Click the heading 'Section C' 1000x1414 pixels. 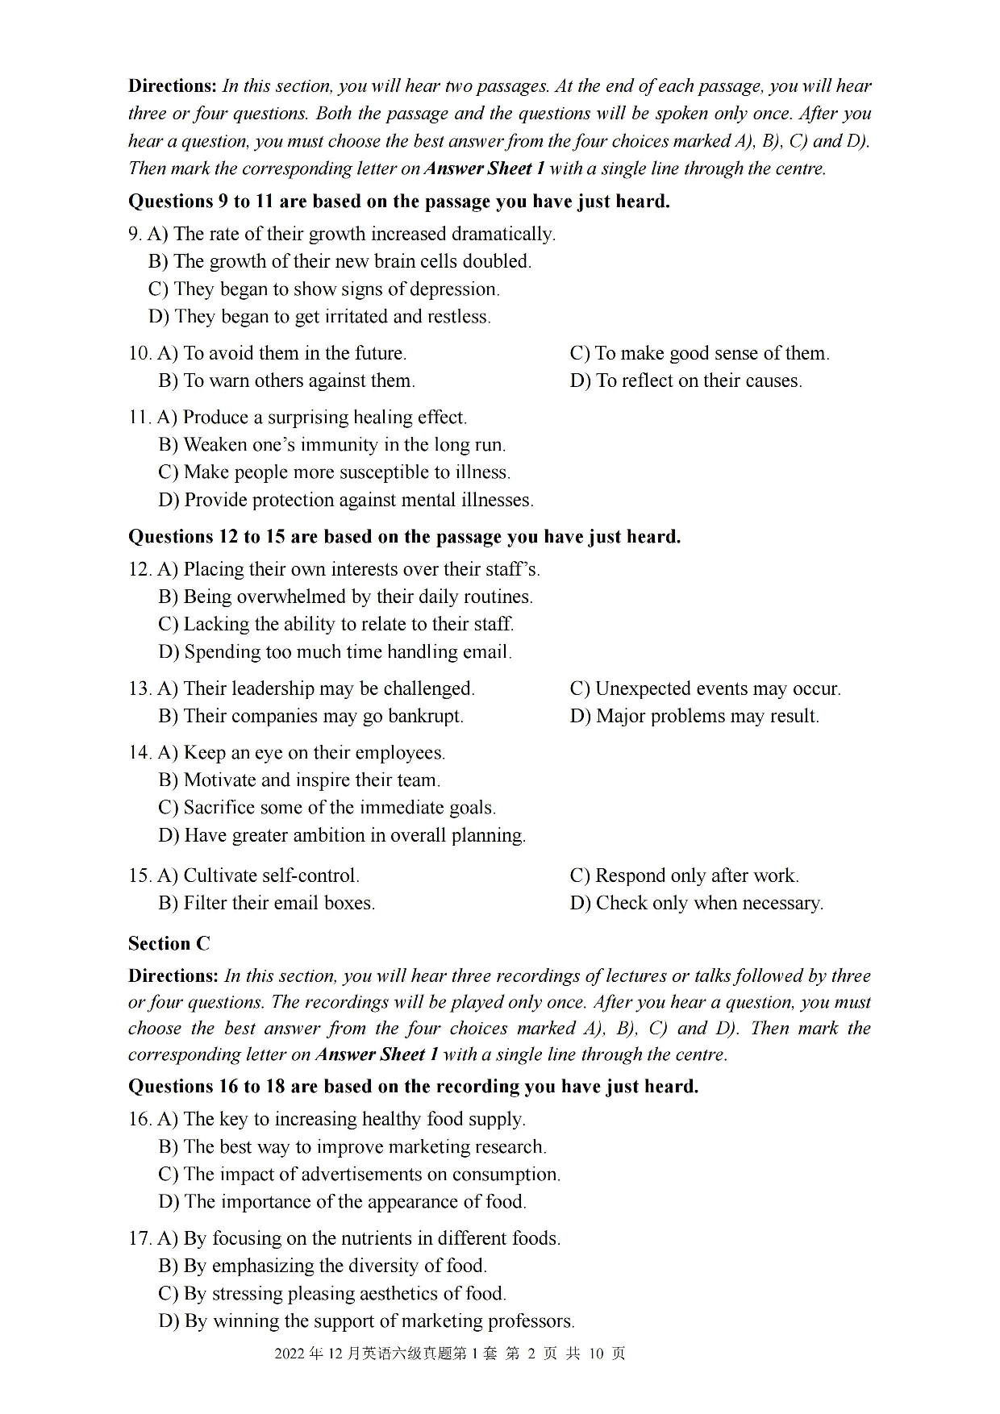point(169,943)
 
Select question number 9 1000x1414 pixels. point(135,234)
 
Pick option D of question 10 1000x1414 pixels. point(685,381)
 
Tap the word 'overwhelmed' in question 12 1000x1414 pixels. point(267,597)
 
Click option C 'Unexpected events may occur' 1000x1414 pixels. point(705,688)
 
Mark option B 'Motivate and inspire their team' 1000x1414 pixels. point(299,780)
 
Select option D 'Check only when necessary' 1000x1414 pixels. point(696,903)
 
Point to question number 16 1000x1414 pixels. point(140,1119)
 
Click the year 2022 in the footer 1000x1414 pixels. point(289,1354)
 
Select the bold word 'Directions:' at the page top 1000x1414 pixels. point(173,86)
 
